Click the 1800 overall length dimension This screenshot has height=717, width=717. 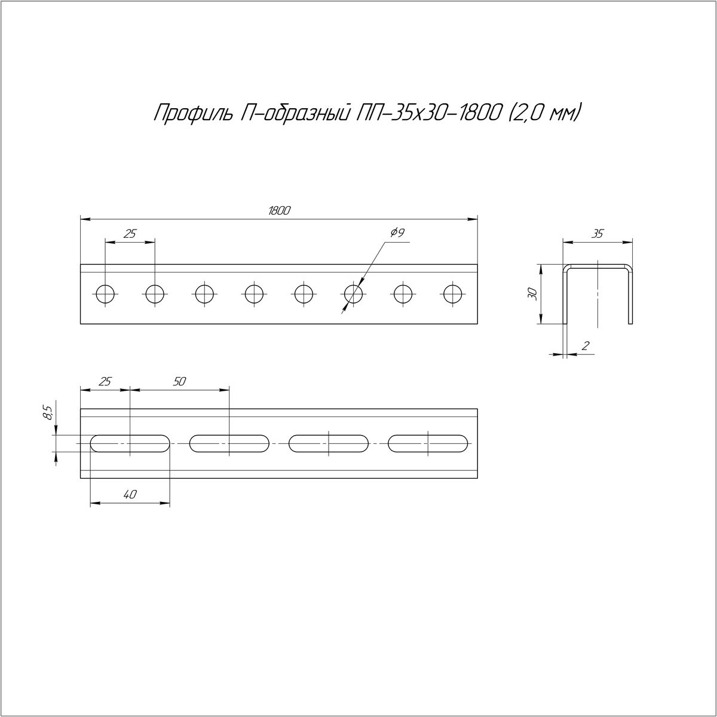tap(278, 211)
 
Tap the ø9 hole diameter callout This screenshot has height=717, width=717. tap(397, 233)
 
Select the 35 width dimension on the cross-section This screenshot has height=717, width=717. tap(597, 234)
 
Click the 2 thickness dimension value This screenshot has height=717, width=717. tap(585, 346)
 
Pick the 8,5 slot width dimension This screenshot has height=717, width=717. tap(48, 412)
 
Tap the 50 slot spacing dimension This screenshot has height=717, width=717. tap(179, 381)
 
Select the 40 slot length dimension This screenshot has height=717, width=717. tap(130, 494)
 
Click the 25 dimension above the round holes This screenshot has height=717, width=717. tap(130, 234)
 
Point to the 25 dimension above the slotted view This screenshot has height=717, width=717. tap(105, 381)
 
